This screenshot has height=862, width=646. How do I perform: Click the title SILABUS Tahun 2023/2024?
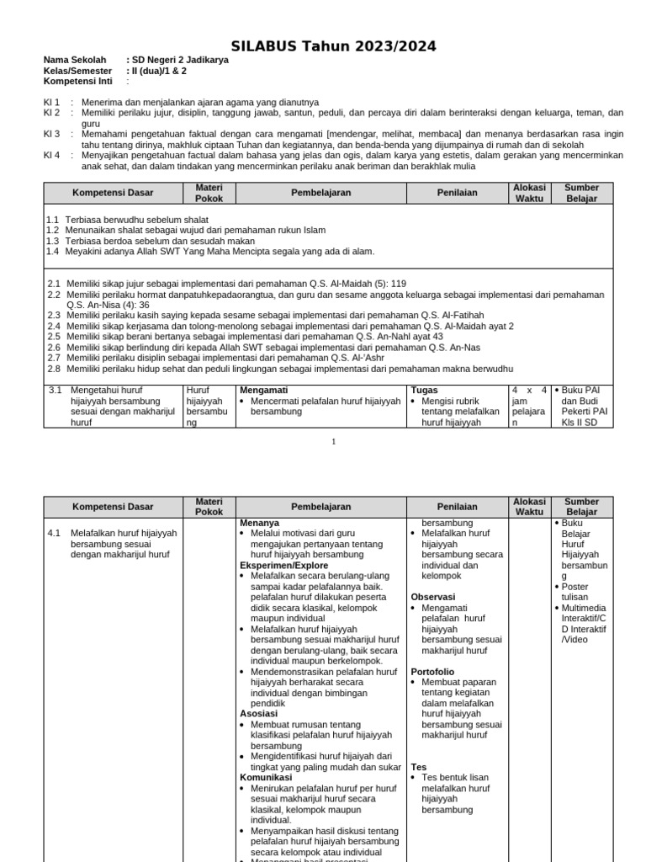coord(334,46)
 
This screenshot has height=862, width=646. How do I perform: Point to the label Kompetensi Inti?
coord(81,82)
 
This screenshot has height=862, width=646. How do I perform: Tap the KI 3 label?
coord(51,134)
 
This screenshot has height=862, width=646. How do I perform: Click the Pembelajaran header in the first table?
coord(320,193)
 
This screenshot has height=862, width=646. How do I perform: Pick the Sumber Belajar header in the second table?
coord(581,507)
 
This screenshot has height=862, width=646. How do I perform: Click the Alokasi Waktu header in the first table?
coord(530,193)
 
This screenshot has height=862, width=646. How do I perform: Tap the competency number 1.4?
coord(52,251)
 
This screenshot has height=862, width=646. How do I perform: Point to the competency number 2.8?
coord(54,369)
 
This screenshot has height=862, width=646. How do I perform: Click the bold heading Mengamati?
coord(264,391)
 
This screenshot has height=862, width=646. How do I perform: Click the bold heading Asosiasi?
coord(258,713)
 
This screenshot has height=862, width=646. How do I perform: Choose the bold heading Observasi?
coord(434,597)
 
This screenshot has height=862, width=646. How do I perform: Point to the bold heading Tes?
coord(419,767)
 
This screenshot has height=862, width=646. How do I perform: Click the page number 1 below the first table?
coord(333,441)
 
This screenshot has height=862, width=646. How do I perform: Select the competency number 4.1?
coord(55,533)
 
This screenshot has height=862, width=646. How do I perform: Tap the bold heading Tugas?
coord(425,391)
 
